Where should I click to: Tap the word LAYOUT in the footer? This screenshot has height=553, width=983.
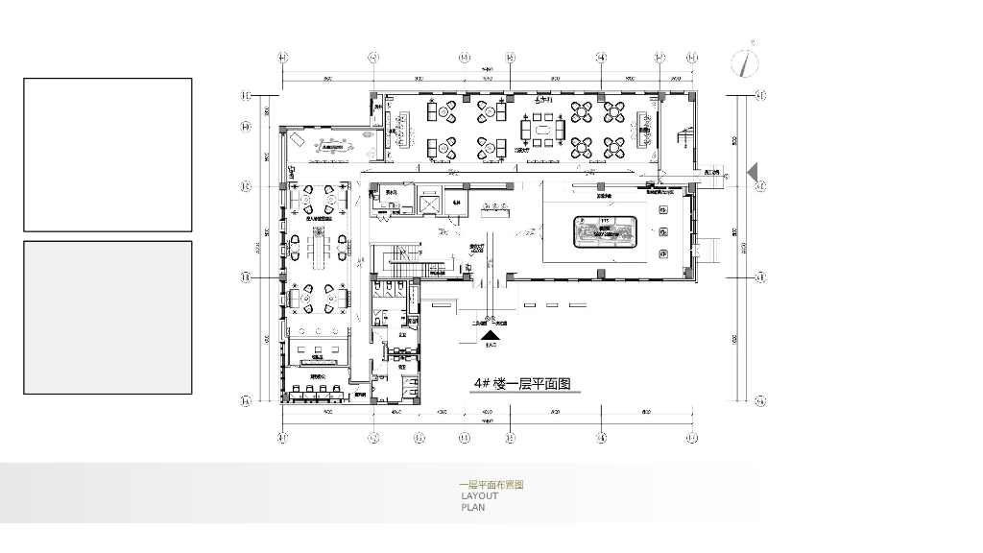[x=479, y=495]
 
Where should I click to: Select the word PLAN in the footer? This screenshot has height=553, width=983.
[x=472, y=507]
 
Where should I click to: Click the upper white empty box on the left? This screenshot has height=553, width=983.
[x=108, y=155]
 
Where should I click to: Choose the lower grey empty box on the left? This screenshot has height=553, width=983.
[x=108, y=317]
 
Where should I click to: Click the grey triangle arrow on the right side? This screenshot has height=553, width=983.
[x=753, y=172]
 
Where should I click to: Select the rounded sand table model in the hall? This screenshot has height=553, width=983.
[x=607, y=231]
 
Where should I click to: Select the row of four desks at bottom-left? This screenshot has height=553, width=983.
[x=315, y=392]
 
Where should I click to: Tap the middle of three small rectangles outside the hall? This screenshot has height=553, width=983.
[x=552, y=304]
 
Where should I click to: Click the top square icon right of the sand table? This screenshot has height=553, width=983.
[x=663, y=209]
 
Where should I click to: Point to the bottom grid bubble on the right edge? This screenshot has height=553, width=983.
[x=760, y=402]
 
